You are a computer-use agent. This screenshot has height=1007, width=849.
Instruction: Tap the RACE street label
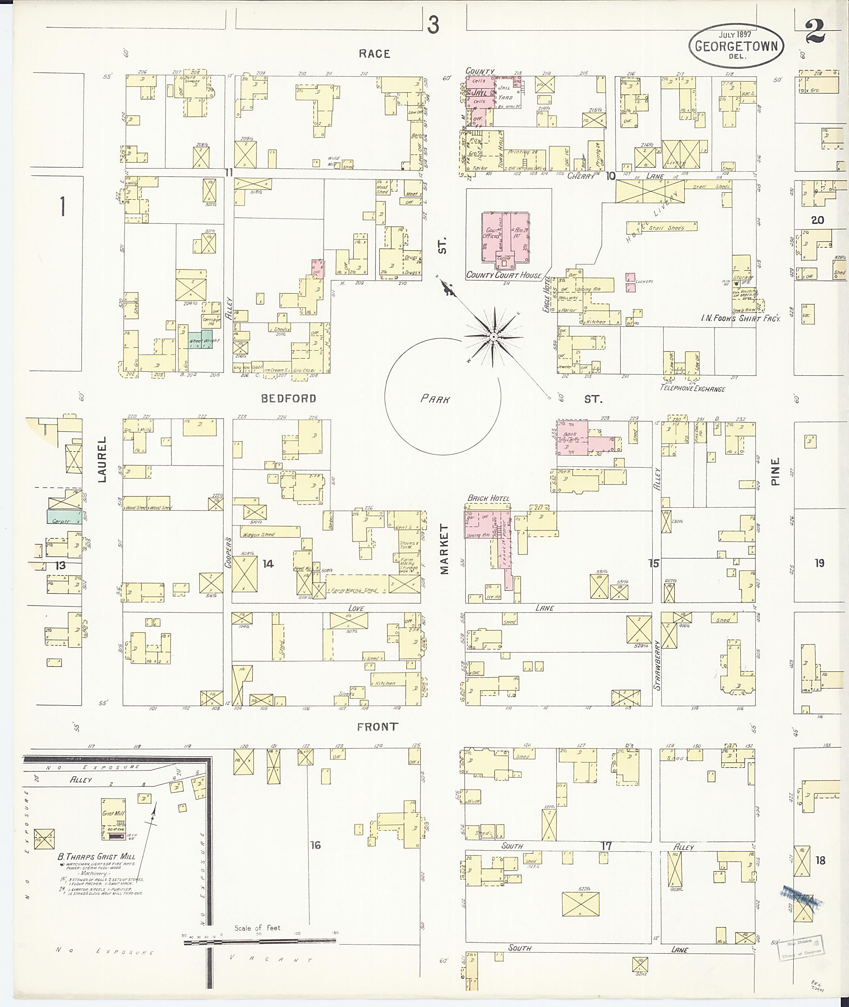coord(374,54)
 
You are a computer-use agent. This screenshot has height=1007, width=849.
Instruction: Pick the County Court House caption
coord(504,275)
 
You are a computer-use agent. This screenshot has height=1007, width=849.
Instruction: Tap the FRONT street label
coord(377,727)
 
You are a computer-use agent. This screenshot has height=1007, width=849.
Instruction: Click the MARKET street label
coord(444,549)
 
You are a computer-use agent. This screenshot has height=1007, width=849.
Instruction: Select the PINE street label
coord(775,471)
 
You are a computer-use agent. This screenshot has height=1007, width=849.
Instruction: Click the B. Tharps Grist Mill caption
coord(96,857)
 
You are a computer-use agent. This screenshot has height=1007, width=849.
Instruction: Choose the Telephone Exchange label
coord(692,388)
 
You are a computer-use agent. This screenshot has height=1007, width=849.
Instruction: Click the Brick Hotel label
coord(488,498)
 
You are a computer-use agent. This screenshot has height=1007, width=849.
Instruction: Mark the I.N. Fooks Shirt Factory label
coord(740,319)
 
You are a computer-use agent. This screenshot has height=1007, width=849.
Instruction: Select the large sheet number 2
coord(815,34)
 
